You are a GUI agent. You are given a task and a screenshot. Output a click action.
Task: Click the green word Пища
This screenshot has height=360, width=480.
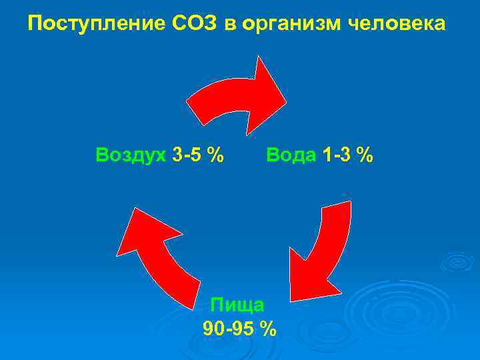tap(237, 305)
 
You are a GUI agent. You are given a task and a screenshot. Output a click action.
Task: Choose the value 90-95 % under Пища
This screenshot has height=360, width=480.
tap(238, 329)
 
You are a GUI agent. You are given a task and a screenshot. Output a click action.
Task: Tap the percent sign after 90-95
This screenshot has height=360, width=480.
tap(268, 329)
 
